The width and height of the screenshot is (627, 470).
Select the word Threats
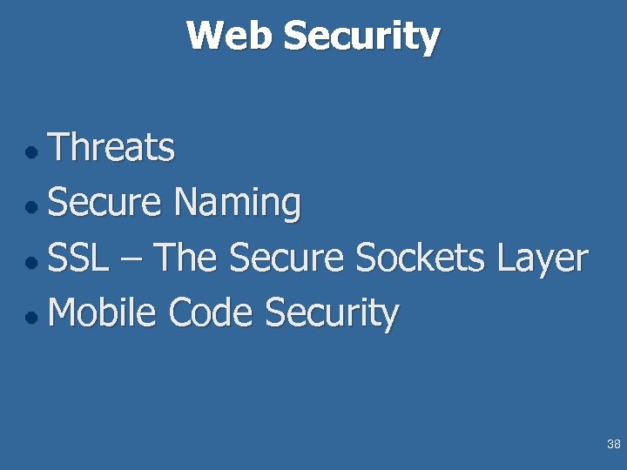(x=111, y=148)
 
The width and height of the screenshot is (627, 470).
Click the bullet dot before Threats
(x=31, y=152)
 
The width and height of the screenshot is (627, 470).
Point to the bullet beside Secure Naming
(x=31, y=208)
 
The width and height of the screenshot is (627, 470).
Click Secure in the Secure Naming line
(x=104, y=204)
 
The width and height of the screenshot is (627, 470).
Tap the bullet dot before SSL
(x=31, y=263)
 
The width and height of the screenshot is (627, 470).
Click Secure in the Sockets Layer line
(x=287, y=258)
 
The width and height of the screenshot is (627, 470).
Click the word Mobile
(x=102, y=314)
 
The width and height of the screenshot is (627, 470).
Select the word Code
(x=211, y=314)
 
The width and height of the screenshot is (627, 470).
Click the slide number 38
(x=613, y=445)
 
